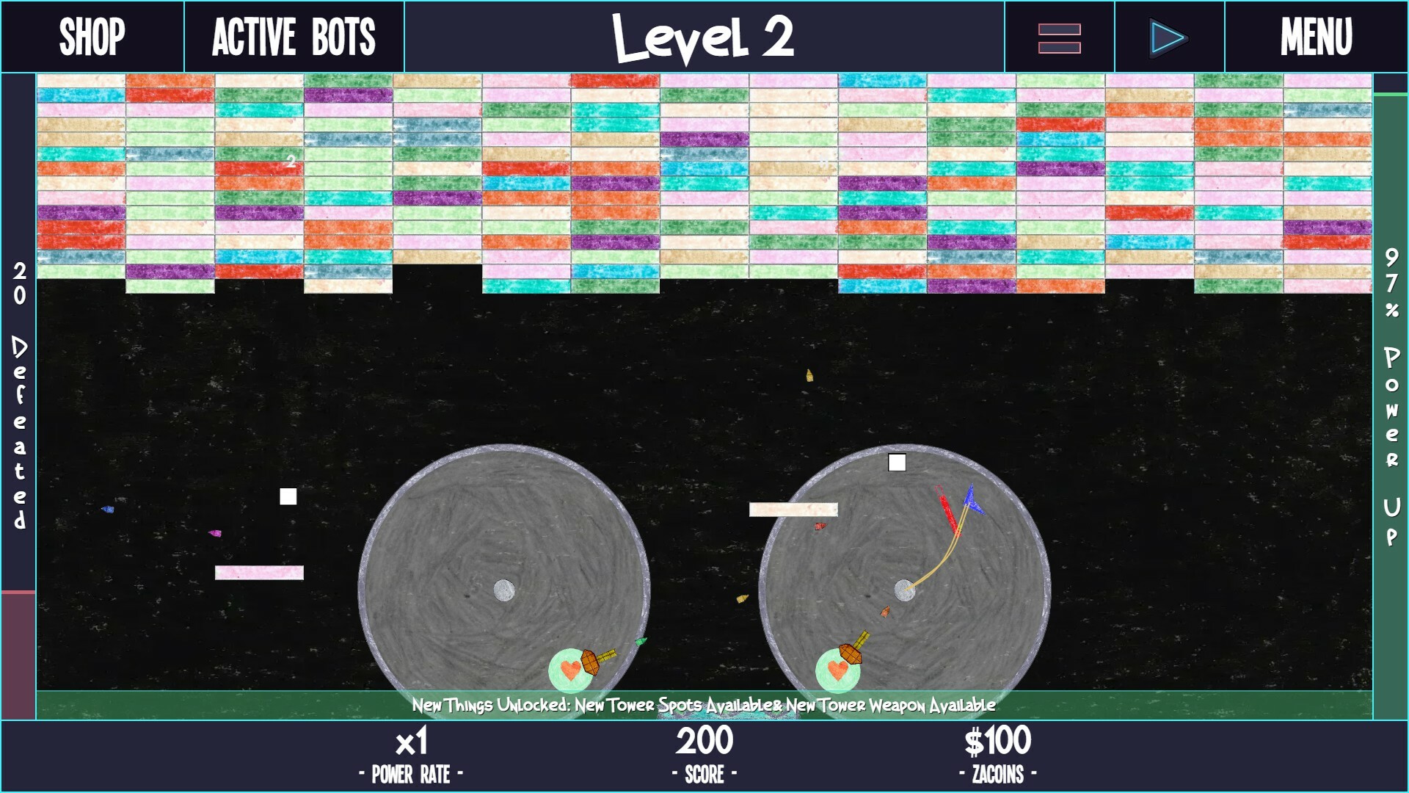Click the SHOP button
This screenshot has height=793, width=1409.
tap(92, 37)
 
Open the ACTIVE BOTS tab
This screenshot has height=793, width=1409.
tap(294, 37)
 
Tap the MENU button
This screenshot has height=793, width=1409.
tap(1317, 37)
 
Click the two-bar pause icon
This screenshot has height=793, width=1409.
tap(1059, 38)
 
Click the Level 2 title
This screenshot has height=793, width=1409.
tap(703, 38)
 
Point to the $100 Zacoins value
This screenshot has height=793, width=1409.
tap(997, 741)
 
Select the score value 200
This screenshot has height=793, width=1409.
tap(704, 741)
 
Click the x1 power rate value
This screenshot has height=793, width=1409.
tap(411, 742)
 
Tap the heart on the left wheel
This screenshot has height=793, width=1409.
tap(570, 670)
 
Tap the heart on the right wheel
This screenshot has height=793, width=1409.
tap(837, 670)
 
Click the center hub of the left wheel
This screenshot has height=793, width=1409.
tap(504, 590)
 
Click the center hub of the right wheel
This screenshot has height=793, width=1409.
tap(905, 590)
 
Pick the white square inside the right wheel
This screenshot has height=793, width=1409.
tap(897, 462)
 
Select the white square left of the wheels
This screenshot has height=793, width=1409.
tap(288, 496)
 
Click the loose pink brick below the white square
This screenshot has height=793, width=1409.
tap(259, 573)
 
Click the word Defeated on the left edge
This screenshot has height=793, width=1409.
tap(20, 432)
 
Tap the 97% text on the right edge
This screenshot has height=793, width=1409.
tap(1391, 283)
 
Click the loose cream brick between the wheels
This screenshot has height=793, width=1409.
tap(793, 510)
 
